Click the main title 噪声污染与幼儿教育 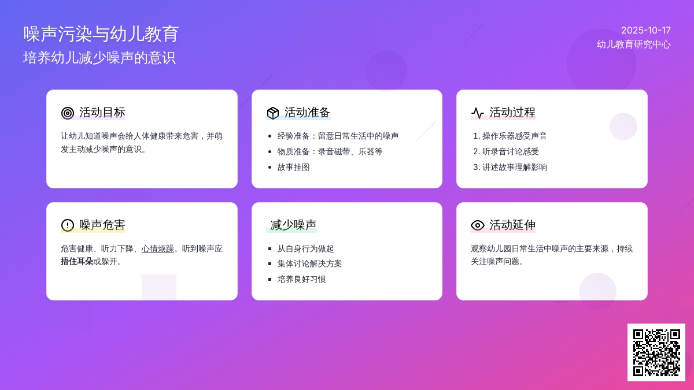[x=101, y=34]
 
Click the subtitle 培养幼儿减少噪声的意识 [x=99, y=58]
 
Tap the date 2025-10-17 [x=646, y=30]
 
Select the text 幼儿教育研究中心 [x=634, y=44]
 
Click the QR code [x=656, y=352]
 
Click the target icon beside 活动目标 [x=68, y=113]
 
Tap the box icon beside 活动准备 [x=272, y=113]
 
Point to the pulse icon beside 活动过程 [x=478, y=113]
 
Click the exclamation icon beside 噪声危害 [x=68, y=225]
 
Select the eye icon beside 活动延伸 [x=478, y=225]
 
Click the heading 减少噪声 [x=293, y=225]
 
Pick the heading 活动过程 [x=512, y=112]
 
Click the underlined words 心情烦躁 [x=158, y=248]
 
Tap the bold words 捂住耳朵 [x=77, y=262]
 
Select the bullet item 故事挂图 [x=293, y=168]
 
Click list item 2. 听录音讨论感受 [x=506, y=151]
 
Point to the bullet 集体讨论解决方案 [x=309, y=263]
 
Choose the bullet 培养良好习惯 [x=301, y=280]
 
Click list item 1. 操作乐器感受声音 [x=510, y=136]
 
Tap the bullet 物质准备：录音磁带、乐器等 [x=330, y=151]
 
